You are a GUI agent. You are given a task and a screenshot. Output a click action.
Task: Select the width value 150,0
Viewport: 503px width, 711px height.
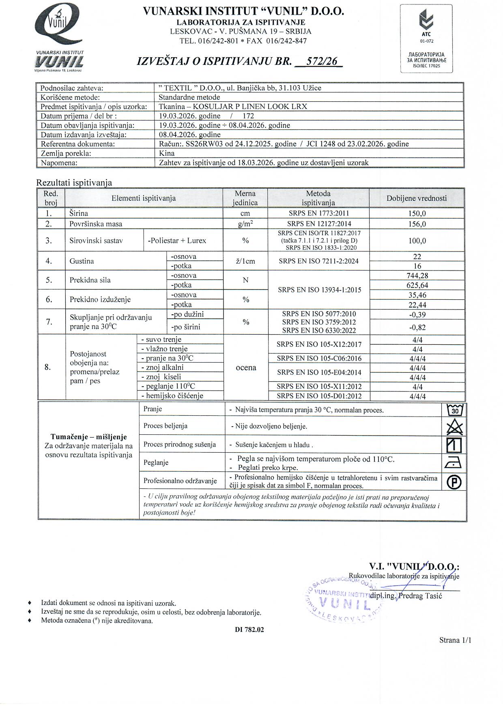point(417,214)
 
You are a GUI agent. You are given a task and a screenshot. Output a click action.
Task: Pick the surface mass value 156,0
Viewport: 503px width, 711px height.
point(417,224)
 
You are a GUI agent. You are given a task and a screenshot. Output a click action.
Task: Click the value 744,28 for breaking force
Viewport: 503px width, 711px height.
point(417,276)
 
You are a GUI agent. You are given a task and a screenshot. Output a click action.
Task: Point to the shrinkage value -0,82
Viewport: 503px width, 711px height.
point(417,327)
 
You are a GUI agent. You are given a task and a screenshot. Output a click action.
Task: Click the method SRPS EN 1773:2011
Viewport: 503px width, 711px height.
point(318,213)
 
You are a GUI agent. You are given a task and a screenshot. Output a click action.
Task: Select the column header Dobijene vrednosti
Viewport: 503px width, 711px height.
point(417,198)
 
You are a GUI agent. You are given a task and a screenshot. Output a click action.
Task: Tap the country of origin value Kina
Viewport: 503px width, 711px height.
point(167,153)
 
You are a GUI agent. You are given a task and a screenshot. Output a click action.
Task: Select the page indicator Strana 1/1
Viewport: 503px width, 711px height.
point(455,640)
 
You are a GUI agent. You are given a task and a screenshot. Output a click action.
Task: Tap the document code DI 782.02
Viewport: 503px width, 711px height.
point(249,630)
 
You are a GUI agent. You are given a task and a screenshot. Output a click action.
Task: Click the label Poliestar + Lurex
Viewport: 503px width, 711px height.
point(177,241)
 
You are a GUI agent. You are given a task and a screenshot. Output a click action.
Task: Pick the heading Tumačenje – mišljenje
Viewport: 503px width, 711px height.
point(88,437)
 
